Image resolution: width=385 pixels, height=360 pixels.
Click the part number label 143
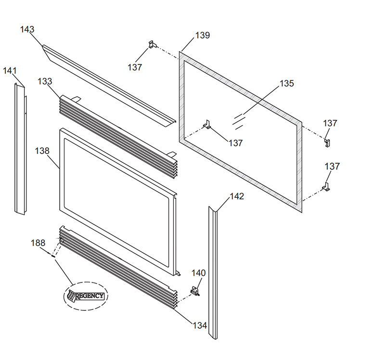click(x=27, y=30)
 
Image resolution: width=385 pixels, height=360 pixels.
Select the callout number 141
click(x=10, y=71)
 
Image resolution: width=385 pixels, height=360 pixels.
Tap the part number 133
click(x=45, y=81)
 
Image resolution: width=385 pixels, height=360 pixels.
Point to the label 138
click(x=42, y=151)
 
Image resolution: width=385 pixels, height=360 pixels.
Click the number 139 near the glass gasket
click(x=202, y=36)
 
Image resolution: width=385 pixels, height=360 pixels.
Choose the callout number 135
click(x=286, y=84)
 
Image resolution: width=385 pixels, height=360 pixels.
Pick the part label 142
click(x=237, y=196)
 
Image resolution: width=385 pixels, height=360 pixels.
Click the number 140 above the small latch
click(x=199, y=273)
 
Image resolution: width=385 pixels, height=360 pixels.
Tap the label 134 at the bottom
click(x=200, y=325)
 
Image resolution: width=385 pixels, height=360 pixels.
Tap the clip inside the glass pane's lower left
click(x=207, y=124)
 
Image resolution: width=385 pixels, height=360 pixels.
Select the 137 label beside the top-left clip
click(x=135, y=67)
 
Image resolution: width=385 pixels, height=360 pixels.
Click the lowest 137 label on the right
click(x=332, y=167)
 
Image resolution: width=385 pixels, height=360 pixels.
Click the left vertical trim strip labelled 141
click(x=20, y=149)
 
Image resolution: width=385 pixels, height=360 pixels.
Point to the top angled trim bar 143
click(x=108, y=84)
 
